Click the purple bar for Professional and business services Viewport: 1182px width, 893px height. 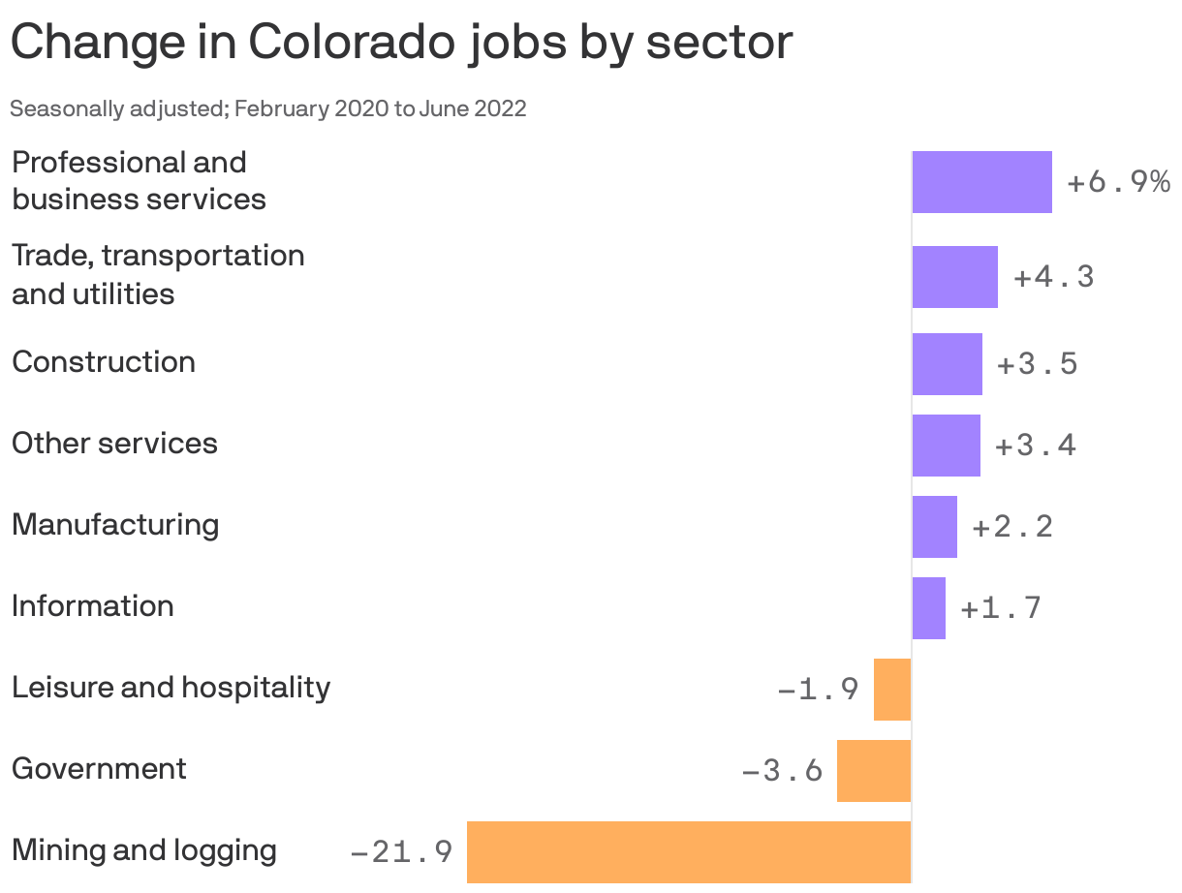[x=981, y=182]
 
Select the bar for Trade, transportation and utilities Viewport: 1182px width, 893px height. [x=954, y=277]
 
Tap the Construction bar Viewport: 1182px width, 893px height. [x=947, y=364]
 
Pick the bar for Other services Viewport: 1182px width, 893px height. [x=946, y=446]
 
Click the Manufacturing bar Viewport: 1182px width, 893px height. [x=934, y=527]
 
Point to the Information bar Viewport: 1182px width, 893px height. [x=928, y=608]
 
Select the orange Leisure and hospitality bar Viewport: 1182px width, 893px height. [x=892, y=690]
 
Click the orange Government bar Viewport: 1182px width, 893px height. [x=874, y=771]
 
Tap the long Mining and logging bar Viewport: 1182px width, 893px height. [x=689, y=852]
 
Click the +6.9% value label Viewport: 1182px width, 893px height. [x=1118, y=182]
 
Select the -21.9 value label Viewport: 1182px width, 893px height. [x=401, y=852]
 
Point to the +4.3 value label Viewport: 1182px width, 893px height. [x=1053, y=277]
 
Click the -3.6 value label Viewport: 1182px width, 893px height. [x=782, y=771]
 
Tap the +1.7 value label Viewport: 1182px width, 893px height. [x=1000, y=608]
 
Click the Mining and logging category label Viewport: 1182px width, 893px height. [x=144, y=850]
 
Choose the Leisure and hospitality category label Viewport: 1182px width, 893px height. [x=171, y=688]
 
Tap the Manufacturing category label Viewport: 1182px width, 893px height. [x=115, y=525]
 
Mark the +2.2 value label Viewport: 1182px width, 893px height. [x=1011, y=527]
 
